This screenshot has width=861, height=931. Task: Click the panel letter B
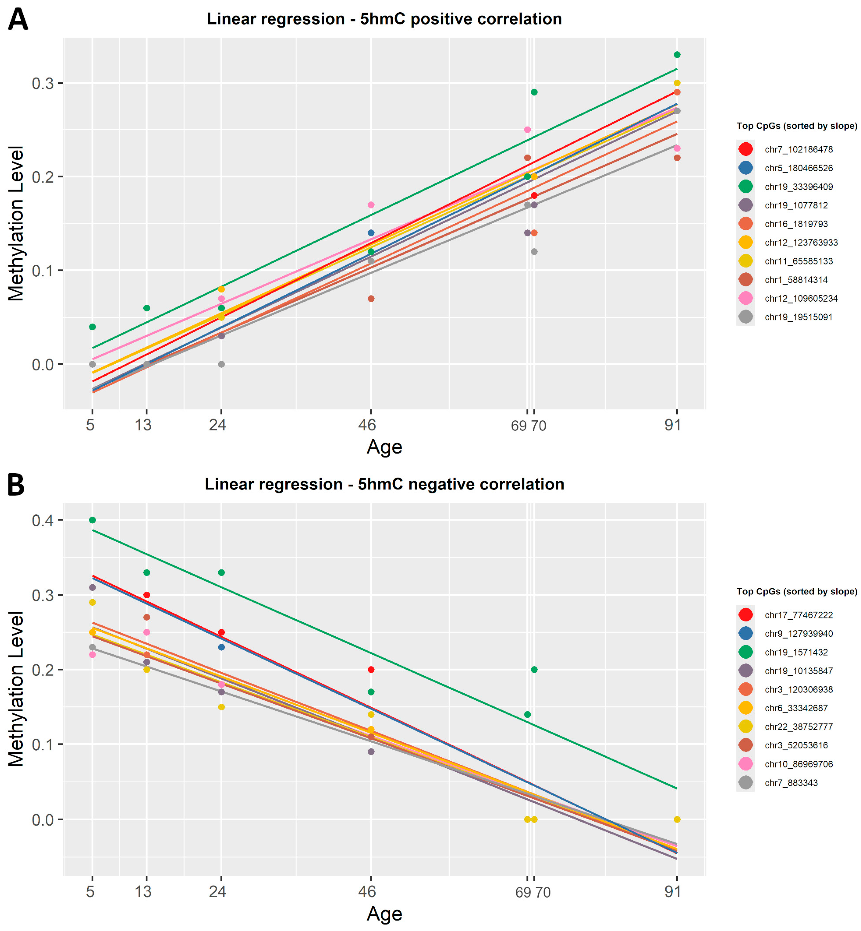tap(16, 485)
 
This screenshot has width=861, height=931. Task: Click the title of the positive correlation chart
tap(384, 19)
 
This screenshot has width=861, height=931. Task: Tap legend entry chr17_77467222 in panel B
tap(799, 615)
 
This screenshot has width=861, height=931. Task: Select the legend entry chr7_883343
tap(791, 783)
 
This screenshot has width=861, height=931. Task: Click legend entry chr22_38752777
tap(799, 727)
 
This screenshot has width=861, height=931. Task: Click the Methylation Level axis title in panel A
tap(16, 224)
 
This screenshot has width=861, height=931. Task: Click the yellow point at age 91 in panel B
tap(677, 820)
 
